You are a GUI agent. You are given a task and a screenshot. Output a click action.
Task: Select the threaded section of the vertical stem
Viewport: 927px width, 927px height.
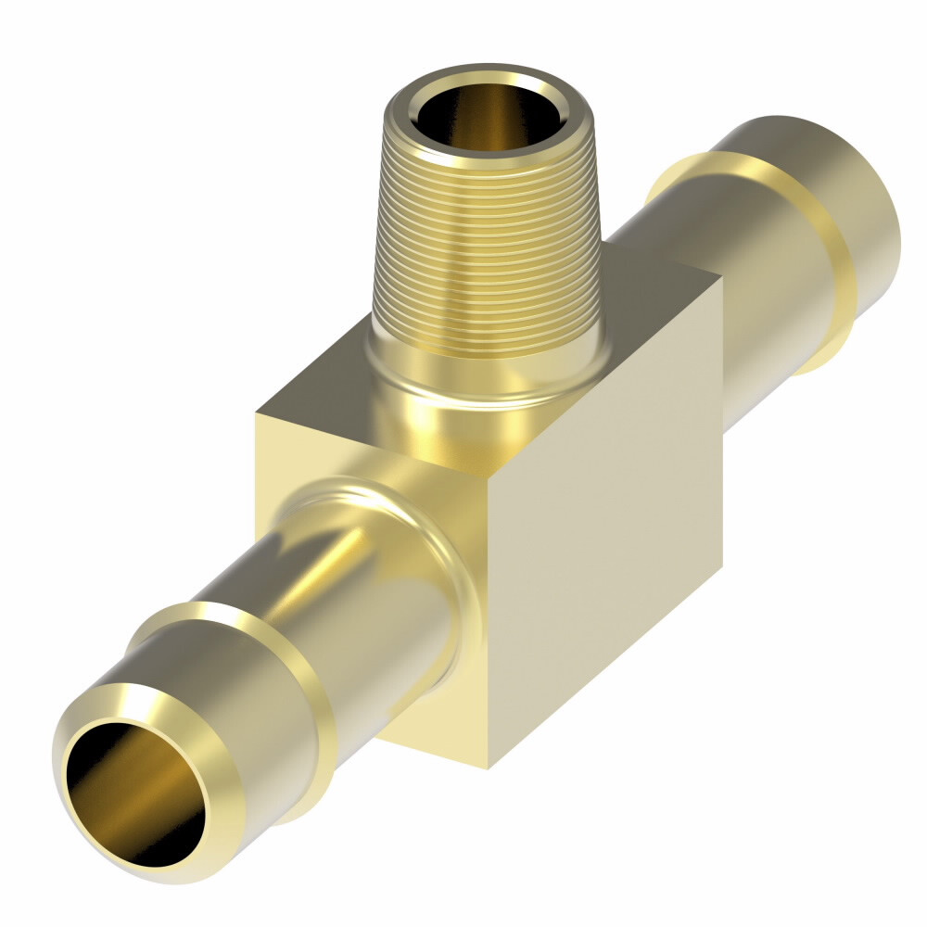click(x=491, y=250)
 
